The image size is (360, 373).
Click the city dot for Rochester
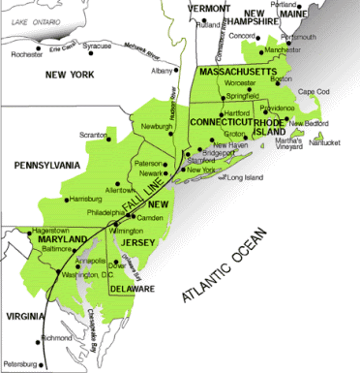39,48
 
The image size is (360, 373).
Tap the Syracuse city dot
91,53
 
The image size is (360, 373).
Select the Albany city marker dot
176,70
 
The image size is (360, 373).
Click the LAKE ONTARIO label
36,22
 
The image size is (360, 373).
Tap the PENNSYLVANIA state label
47,165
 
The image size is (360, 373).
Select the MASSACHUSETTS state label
238,72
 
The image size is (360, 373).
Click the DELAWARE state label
133,289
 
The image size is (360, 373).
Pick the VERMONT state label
209,8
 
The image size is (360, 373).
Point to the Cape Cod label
314,92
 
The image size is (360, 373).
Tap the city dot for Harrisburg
66,200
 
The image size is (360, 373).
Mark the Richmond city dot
38,343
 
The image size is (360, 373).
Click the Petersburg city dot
41,366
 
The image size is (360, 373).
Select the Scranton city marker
109,139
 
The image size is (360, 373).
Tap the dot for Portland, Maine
299,7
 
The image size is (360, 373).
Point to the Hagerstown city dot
30,233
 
